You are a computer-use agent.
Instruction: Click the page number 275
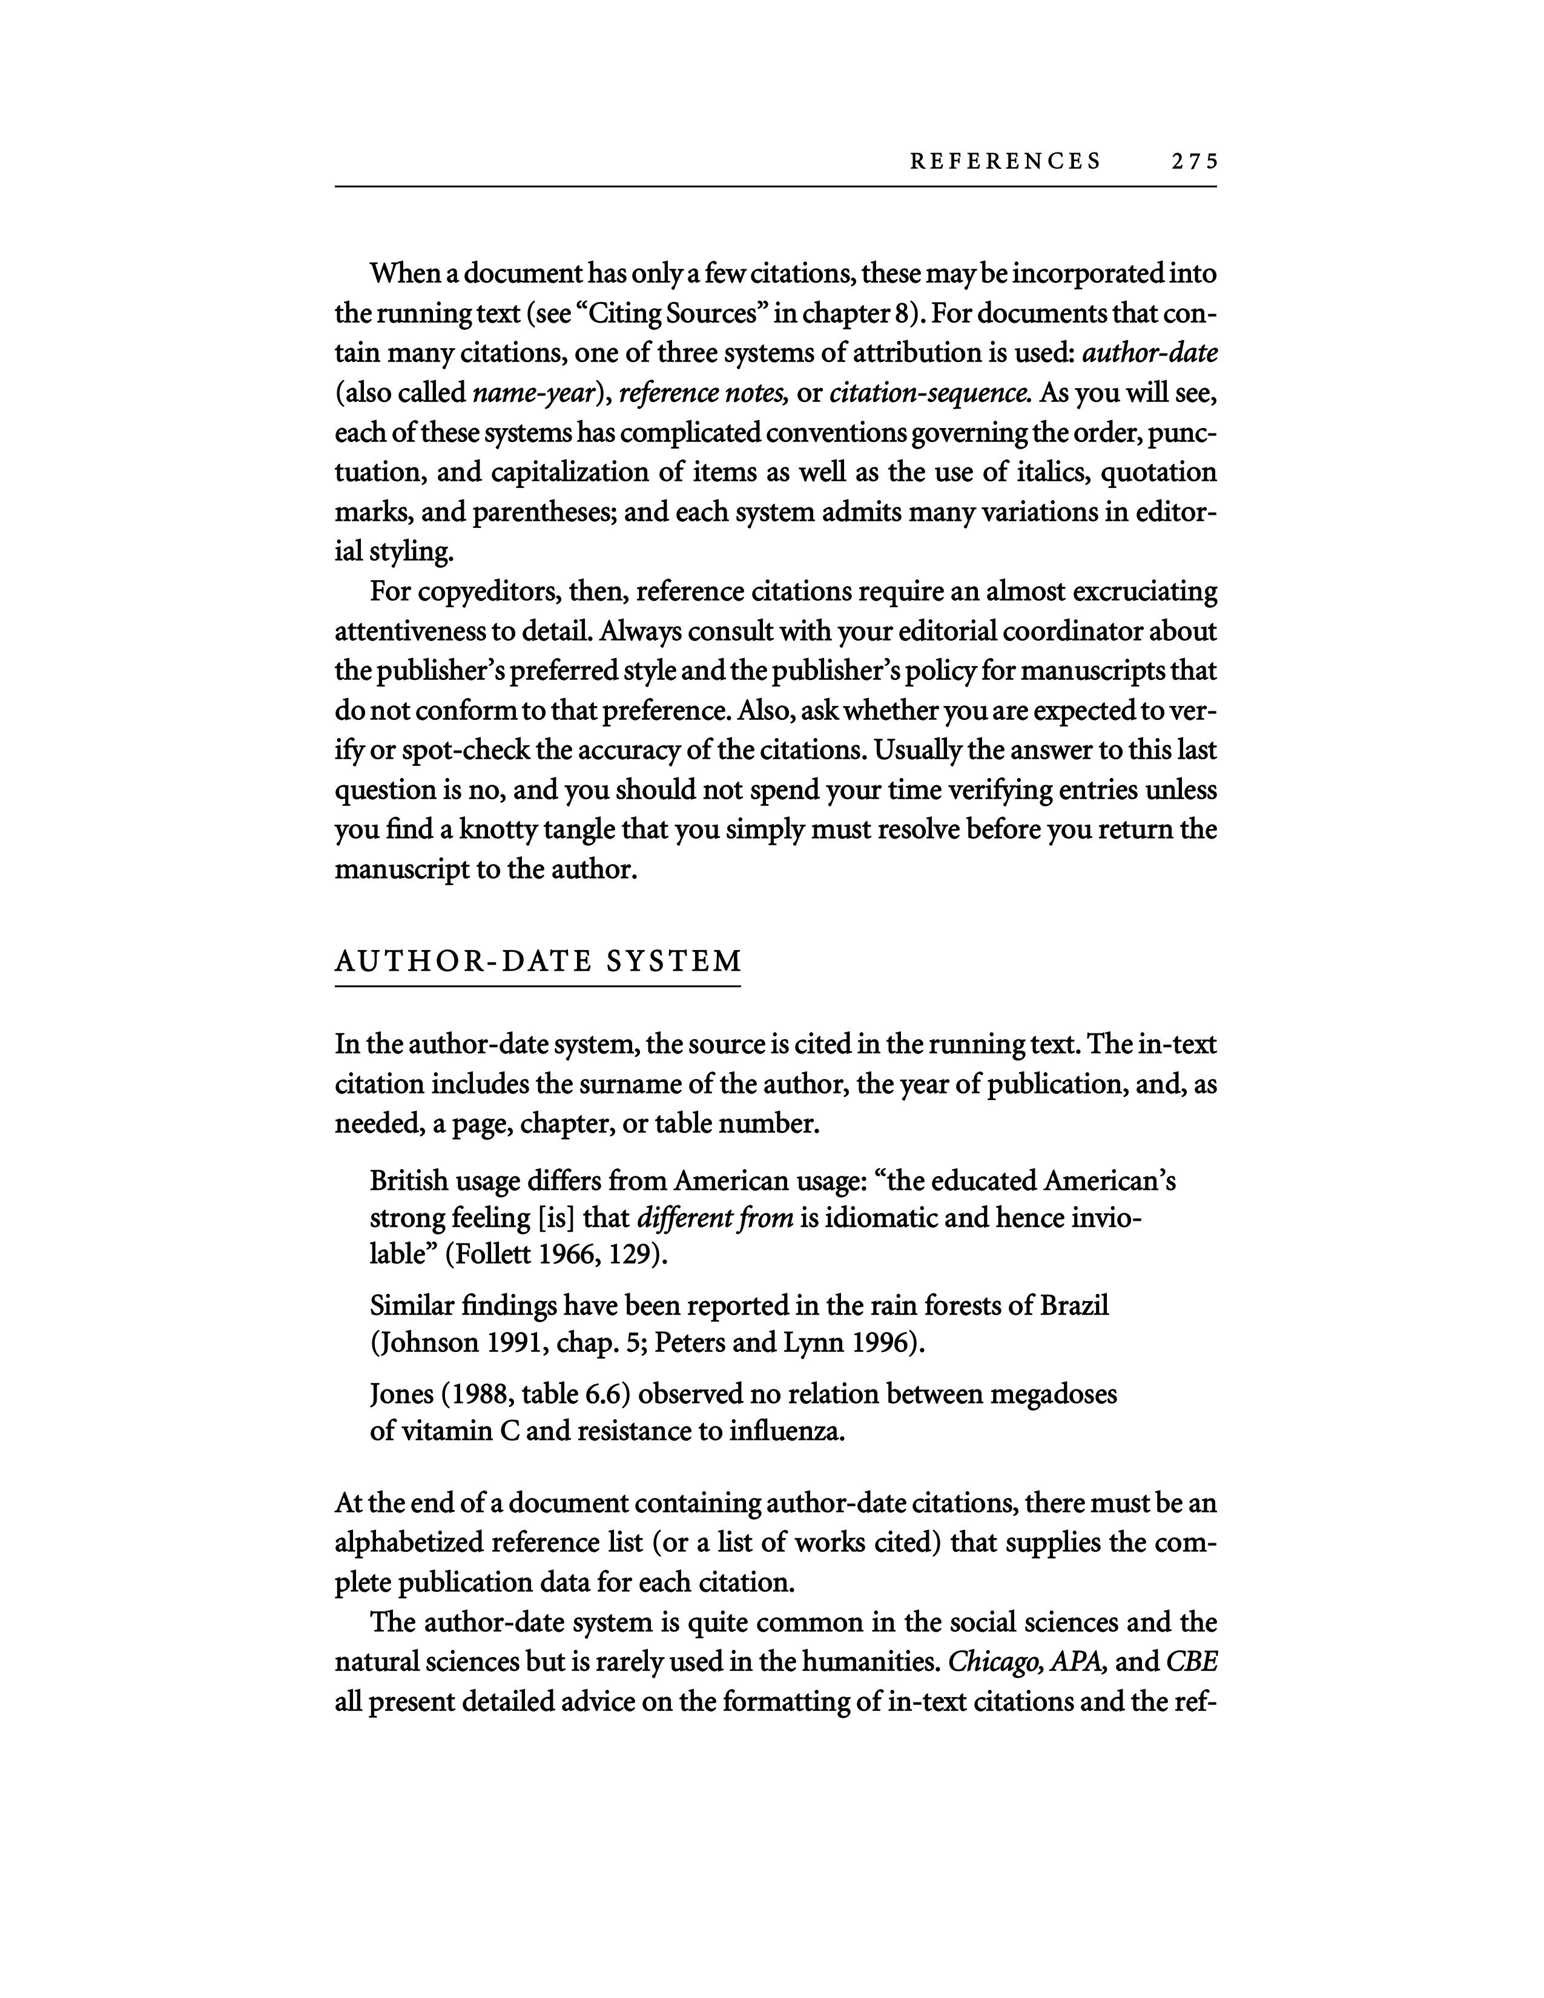point(1193,162)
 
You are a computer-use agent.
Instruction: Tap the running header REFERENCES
point(1005,162)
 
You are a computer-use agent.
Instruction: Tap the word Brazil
point(1074,1305)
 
